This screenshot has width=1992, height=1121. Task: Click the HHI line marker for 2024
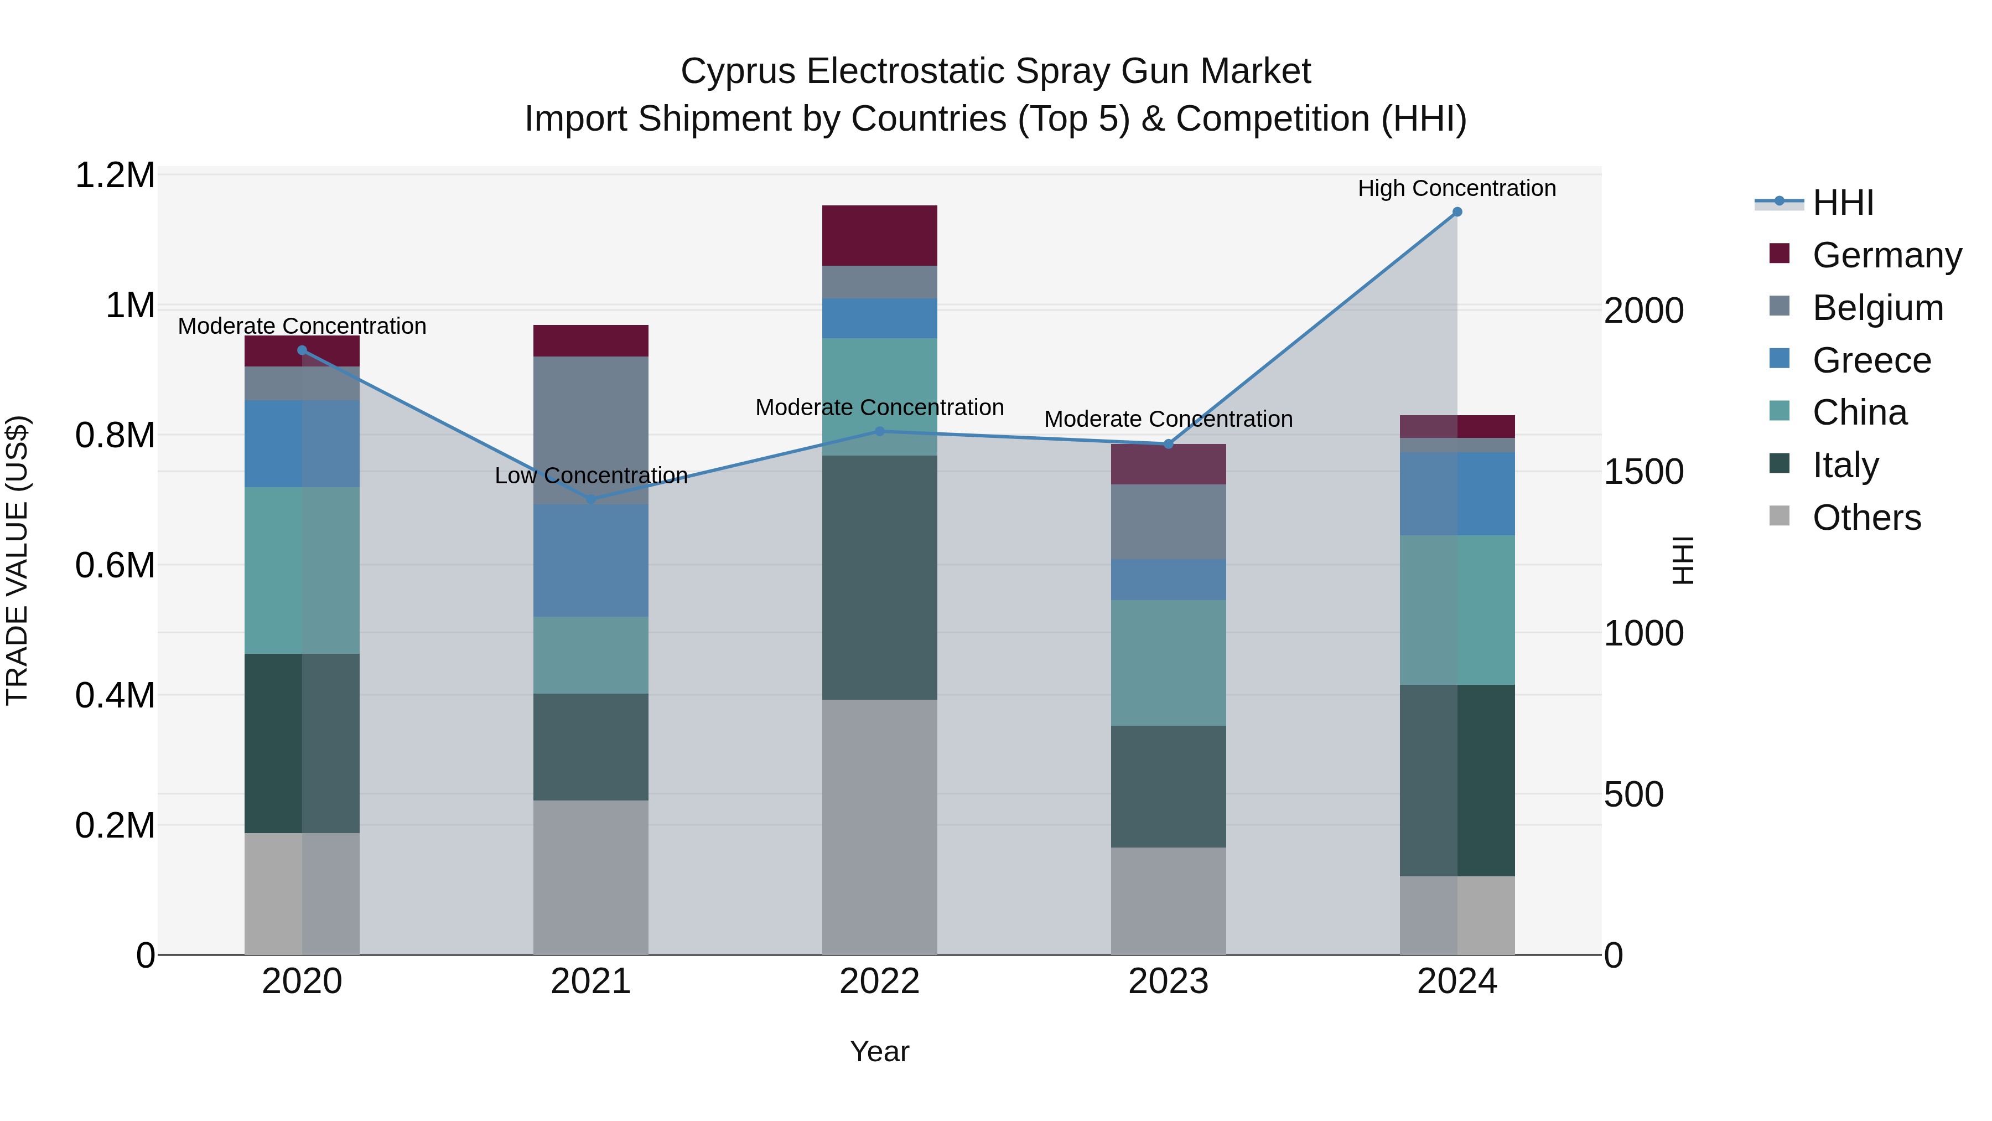click(1457, 212)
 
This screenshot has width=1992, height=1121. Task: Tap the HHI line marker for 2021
click(591, 500)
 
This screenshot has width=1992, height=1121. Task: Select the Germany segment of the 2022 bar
click(879, 235)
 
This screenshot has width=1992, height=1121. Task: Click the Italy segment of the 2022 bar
click(879, 577)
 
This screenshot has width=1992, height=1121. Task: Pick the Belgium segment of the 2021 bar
click(591, 430)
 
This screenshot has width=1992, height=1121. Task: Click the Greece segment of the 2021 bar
click(591, 560)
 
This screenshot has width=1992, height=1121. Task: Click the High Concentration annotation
click(1457, 188)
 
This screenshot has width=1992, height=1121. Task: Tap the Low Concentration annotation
click(591, 475)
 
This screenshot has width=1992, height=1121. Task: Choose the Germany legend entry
click(1887, 255)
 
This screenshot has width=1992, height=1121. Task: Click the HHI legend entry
click(1842, 203)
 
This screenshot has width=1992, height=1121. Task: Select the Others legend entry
click(1866, 517)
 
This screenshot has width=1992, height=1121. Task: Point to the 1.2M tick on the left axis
click(115, 175)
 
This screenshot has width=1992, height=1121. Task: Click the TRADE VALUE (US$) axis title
click(17, 560)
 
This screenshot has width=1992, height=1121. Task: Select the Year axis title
click(879, 1051)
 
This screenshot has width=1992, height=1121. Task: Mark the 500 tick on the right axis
click(1633, 794)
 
